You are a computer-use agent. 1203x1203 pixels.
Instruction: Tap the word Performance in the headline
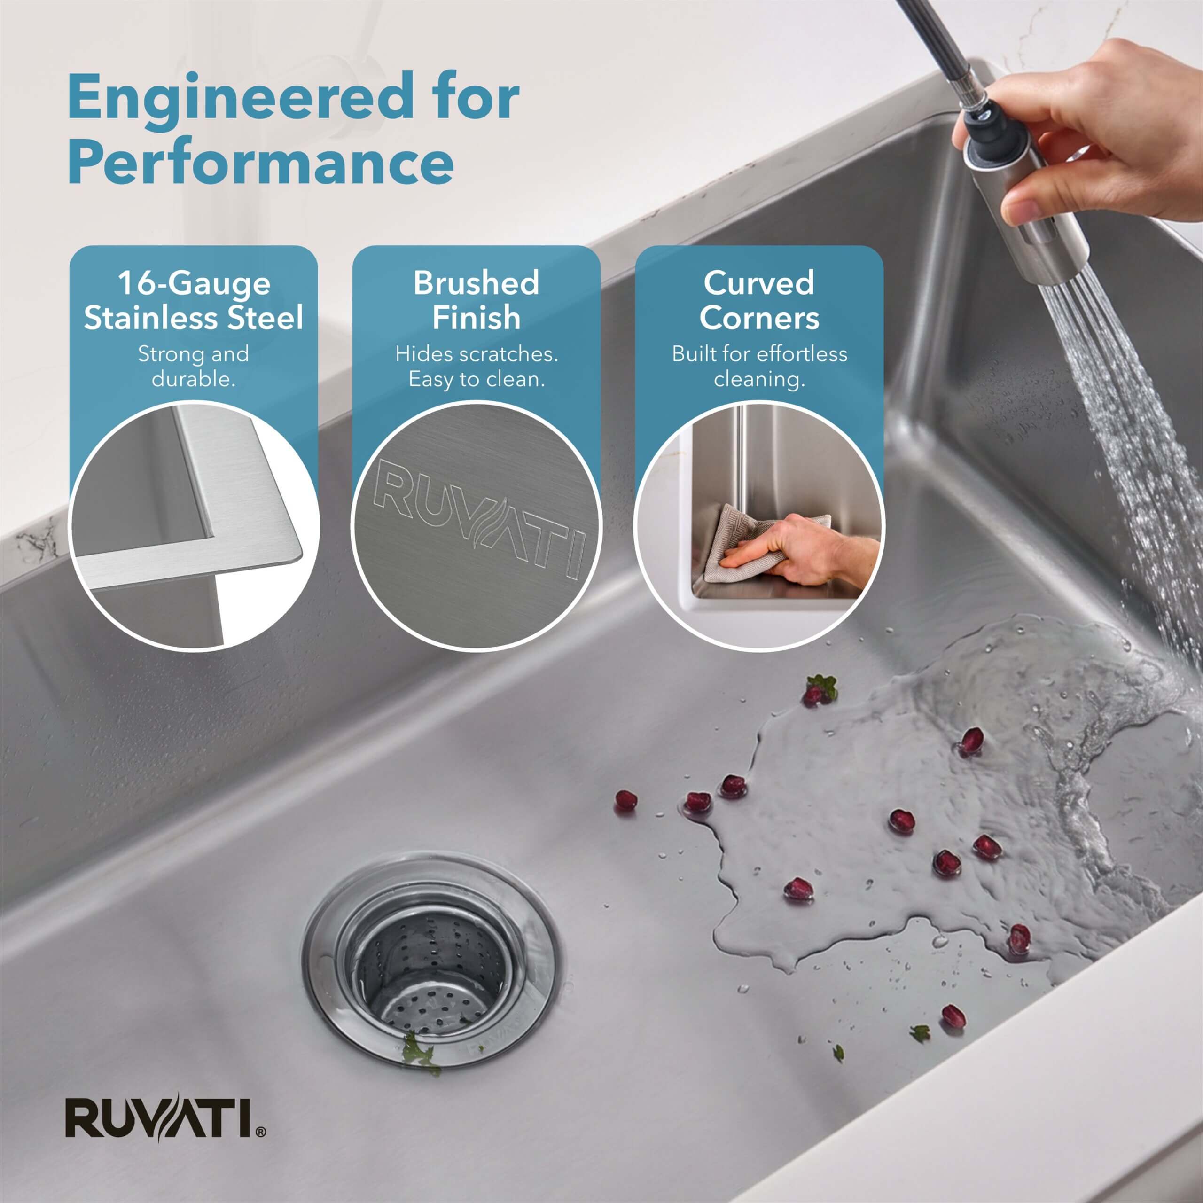click(x=261, y=163)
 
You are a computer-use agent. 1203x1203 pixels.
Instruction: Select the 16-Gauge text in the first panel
click(x=194, y=283)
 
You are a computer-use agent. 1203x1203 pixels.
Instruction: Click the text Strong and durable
click(x=194, y=366)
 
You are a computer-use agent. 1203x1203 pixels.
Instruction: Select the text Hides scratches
click(x=477, y=354)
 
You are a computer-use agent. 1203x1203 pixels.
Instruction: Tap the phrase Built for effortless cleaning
click(x=759, y=366)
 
